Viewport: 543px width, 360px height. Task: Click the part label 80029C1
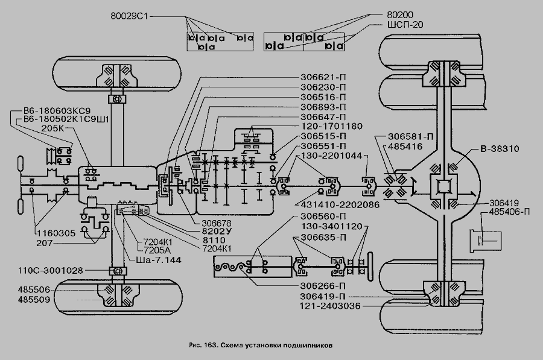pos(129,16)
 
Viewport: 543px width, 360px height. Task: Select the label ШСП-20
pos(405,25)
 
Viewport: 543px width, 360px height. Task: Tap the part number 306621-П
pos(323,77)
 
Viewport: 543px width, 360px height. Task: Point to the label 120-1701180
pos(331,127)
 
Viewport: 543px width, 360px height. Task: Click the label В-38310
pos(500,149)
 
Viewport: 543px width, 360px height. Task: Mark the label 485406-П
pos(509,212)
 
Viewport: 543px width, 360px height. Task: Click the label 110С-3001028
pos(51,271)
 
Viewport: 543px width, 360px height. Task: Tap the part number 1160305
pos(56,233)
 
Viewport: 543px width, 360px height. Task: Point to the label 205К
pos(52,128)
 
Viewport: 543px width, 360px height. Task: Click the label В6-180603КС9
pos(57,112)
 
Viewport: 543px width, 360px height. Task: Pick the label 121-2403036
pos(330,306)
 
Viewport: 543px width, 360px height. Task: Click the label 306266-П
pos(323,286)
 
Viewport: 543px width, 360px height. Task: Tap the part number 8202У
pos(217,232)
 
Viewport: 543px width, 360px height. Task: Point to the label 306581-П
pos(410,137)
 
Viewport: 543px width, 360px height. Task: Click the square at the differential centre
pos(444,188)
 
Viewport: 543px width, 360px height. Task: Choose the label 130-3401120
pos(331,227)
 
